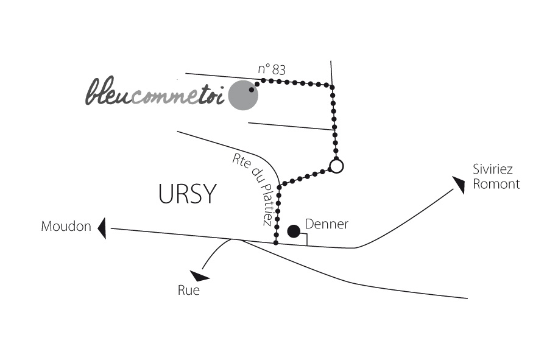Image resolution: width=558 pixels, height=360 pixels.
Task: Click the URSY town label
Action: pos(188,194)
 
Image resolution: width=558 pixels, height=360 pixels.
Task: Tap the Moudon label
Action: pos(66,226)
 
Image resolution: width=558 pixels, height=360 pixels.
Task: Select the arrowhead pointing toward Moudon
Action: pos(102,228)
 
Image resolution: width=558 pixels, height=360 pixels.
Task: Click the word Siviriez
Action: pos(493,169)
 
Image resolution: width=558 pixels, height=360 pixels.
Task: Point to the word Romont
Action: pos(496,184)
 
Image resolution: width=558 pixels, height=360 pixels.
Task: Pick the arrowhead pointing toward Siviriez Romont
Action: pos(459,184)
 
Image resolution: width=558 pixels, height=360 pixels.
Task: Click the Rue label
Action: pos(189,291)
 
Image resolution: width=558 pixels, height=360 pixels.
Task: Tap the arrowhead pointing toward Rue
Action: pos(200,276)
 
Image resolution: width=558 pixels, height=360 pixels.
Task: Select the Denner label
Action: pos(327,224)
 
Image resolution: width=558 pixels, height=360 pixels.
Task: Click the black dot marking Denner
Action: pos(294,231)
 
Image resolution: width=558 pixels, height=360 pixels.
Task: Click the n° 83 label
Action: pos(272,69)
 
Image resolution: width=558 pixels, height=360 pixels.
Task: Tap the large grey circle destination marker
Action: pos(243,96)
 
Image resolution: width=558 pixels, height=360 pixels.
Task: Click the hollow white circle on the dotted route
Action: pos(336,166)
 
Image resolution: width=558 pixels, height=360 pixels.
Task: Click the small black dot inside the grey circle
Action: pos(252,90)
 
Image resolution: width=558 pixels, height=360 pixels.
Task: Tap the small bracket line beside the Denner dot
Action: pos(304,239)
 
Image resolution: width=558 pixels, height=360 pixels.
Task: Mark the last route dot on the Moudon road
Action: pos(276,243)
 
